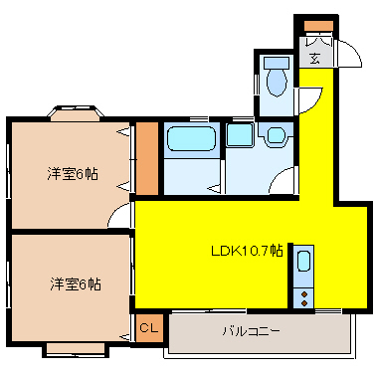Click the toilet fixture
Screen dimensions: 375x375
tap(277, 77)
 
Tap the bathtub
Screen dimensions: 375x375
tap(192, 138)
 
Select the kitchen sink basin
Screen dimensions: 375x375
tap(303, 262)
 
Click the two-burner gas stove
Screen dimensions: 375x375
tap(303, 298)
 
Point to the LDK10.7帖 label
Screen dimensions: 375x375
tap(247, 251)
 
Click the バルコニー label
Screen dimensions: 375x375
tap(251, 331)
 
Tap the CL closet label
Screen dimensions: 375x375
tap(149, 328)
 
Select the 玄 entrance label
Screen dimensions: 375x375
tap(315, 59)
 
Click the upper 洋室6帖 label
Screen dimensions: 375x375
tap(73, 173)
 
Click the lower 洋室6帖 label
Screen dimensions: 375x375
tap(76, 284)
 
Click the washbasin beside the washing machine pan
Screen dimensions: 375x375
tap(276, 135)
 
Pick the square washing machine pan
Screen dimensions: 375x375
tap(240, 135)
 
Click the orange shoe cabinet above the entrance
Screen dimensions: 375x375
tap(318, 26)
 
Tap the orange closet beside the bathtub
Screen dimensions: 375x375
tap(147, 158)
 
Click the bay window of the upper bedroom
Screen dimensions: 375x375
tap(76, 113)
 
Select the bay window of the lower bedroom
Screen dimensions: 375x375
tap(76, 349)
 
